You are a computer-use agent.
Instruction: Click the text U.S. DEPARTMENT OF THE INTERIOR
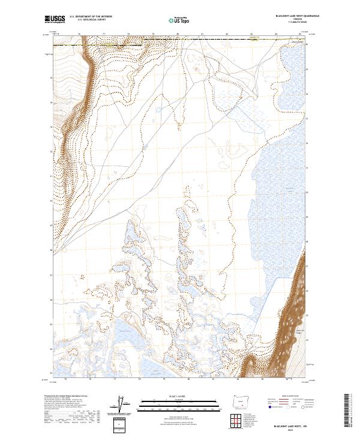pyautogui.click(x=91, y=17)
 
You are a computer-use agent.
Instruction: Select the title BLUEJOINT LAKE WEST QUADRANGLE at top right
pyautogui.click(x=297, y=16)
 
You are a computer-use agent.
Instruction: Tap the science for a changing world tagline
pyautogui.click(x=54, y=23)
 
